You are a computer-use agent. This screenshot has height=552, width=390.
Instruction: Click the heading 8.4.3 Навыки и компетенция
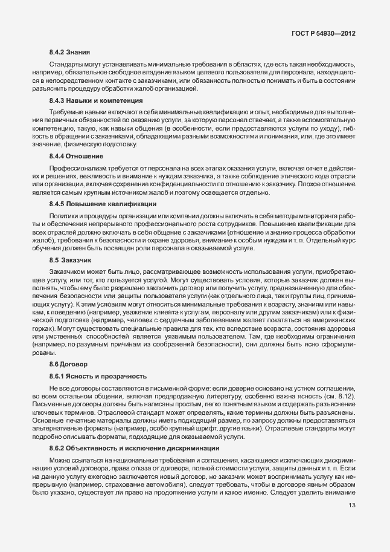pyautogui.click(x=96, y=100)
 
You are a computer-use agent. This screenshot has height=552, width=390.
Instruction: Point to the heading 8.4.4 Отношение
pyautogui.click(x=76, y=156)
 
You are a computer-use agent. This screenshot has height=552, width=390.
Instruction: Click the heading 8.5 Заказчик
pyautogui.click(x=71, y=260)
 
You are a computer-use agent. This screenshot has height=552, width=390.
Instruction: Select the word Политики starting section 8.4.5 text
pyautogui.click(x=63, y=215)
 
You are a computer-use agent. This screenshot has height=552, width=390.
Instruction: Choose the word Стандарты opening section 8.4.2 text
pyautogui.click(x=66, y=65)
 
